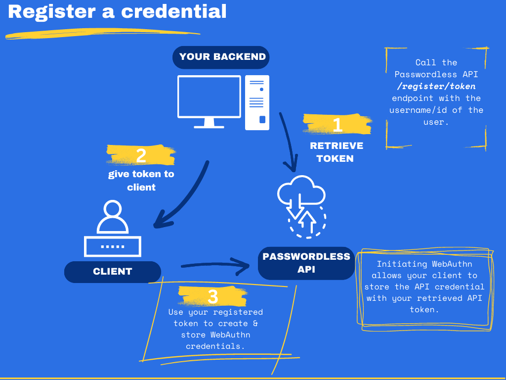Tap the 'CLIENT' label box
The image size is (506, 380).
tap(113, 272)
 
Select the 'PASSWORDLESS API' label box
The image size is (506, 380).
tap(306, 263)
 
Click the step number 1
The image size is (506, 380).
tap(337, 124)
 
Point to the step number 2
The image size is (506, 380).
tap(141, 155)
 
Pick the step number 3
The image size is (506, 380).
tap(212, 296)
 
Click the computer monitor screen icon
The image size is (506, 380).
tap(209, 97)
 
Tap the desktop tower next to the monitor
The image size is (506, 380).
tap(257, 102)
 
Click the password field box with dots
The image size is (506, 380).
tap(113, 246)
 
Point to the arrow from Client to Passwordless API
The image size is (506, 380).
tap(215, 267)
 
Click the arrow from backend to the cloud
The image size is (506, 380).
tap(289, 141)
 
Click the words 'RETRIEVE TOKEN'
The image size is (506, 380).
tap(336, 152)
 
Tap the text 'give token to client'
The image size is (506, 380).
tap(141, 181)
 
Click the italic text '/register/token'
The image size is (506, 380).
tap(436, 86)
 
